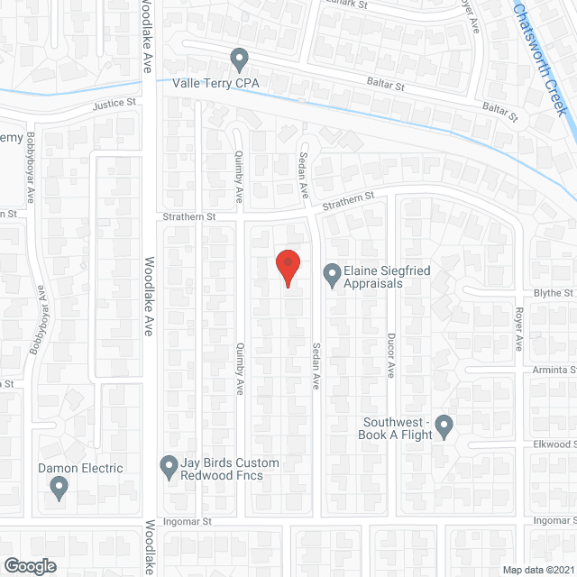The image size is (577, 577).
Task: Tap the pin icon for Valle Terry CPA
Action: [239, 60]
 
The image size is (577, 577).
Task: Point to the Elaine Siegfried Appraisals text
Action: [371, 277]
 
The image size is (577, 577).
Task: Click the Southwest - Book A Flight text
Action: [398, 428]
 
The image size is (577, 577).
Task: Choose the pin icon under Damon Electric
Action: [60, 488]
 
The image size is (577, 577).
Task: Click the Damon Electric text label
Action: [79, 468]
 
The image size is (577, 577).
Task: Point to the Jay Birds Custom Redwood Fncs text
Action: [229, 469]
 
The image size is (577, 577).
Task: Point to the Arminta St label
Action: [555, 369]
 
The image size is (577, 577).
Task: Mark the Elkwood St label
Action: [554, 444]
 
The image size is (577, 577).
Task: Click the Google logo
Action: [29, 565]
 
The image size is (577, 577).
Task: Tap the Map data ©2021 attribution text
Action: [539, 570]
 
